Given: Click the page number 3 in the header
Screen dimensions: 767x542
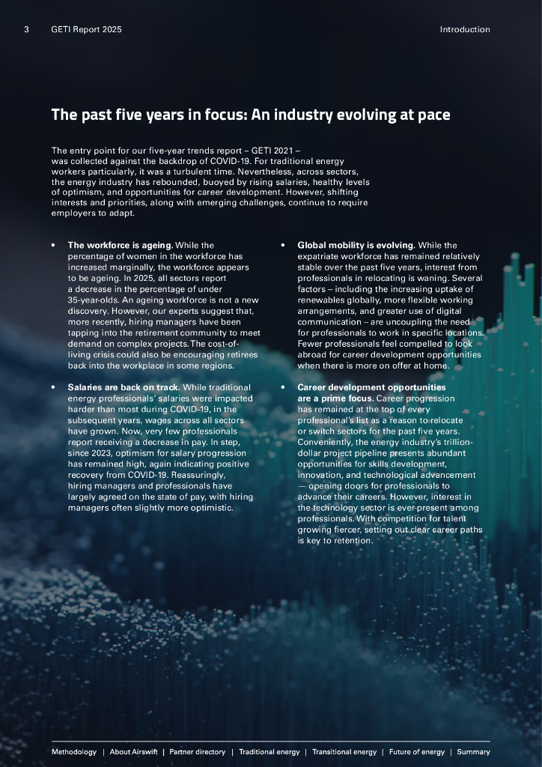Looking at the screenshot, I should pyautogui.click(x=26, y=30).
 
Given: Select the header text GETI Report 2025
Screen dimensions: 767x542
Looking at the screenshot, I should pyautogui.click(x=86, y=30).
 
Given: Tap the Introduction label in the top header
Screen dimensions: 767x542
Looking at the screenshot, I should pyautogui.click(x=464, y=30).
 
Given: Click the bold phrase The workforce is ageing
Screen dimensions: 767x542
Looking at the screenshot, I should pyautogui.click(x=120, y=245).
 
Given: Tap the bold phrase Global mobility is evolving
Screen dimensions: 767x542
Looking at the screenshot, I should pyautogui.click(x=356, y=245).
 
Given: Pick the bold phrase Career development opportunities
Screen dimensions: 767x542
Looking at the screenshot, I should pyautogui.click(x=371, y=387).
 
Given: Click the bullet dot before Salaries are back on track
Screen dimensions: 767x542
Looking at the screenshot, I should pyautogui.click(x=53, y=388).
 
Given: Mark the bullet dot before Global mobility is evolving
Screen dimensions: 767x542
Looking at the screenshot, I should pyautogui.click(x=282, y=246).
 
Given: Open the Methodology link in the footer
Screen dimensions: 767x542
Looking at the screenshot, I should pyautogui.click(x=74, y=752).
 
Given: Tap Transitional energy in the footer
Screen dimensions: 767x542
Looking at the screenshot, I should pyautogui.click(x=344, y=752).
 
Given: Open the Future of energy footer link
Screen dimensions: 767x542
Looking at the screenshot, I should pyautogui.click(x=416, y=752).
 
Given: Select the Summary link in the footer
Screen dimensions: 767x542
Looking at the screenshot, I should pyautogui.click(x=473, y=752).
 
